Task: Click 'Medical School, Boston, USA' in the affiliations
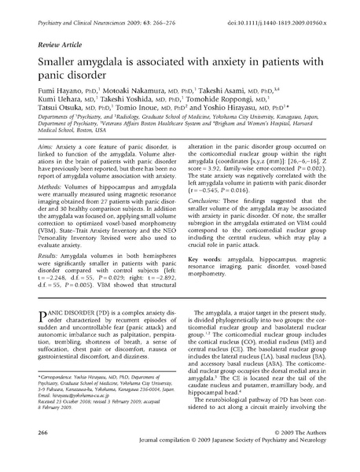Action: coord(79,153)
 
